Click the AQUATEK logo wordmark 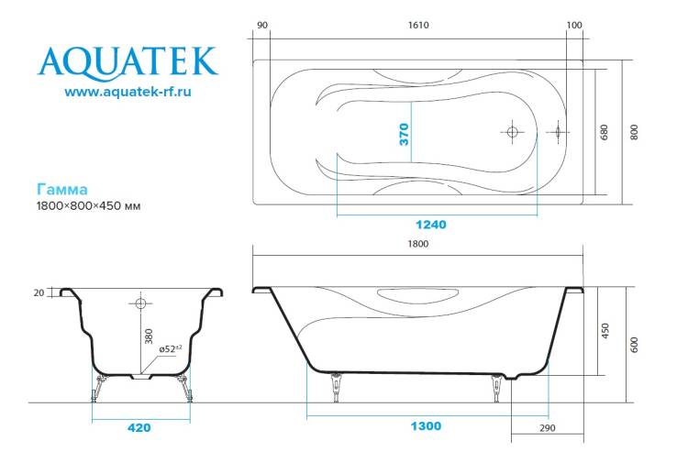point(128,62)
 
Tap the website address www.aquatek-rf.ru point(128,92)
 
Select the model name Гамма point(61,190)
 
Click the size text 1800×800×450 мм point(88,205)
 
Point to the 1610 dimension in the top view point(418,26)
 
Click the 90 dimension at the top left point(262,26)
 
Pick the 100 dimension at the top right point(574,26)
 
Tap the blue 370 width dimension point(405,134)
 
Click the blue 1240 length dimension point(431,225)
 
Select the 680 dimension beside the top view point(605,132)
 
